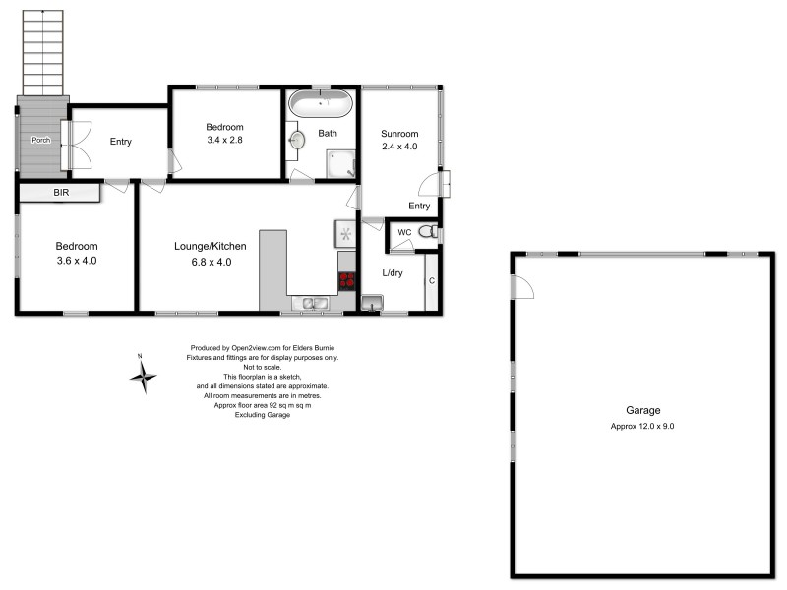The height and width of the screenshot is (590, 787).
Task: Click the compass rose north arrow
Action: click(x=144, y=375)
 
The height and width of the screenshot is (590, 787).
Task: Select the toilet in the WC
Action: click(x=427, y=232)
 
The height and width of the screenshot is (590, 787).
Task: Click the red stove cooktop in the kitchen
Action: click(x=346, y=279)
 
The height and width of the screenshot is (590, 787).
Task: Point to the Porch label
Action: click(x=40, y=139)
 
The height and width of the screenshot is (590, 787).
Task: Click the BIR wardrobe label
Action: click(x=61, y=193)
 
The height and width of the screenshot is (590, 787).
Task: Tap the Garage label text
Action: click(x=642, y=410)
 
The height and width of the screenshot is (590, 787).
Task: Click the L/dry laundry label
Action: click(x=393, y=272)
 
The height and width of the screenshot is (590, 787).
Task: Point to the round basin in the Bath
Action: click(x=296, y=141)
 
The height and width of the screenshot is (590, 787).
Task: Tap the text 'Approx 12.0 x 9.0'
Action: click(x=642, y=426)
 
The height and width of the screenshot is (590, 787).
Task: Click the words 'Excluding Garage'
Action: click(x=262, y=415)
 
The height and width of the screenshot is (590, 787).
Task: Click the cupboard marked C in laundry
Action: click(x=431, y=281)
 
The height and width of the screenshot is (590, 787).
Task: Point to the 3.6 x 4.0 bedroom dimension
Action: click(x=77, y=261)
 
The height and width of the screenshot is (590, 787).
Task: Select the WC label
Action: click(x=403, y=232)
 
